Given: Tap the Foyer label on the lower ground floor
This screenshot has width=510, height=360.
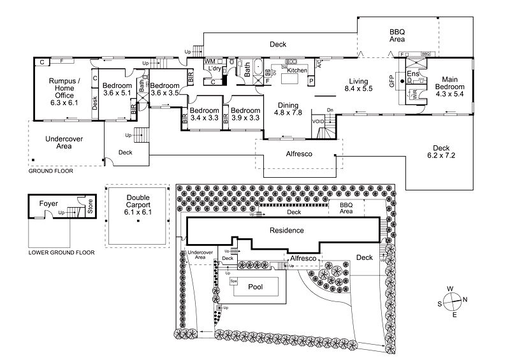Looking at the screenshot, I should [x=48, y=204].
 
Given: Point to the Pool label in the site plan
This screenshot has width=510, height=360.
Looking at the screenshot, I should [x=258, y=287].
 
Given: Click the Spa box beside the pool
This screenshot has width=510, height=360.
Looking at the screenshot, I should [x=234, y=280].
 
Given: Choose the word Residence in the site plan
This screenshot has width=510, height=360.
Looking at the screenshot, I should [x=286, y=230].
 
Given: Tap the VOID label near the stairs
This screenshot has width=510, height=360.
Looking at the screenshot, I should [x=318, y=120].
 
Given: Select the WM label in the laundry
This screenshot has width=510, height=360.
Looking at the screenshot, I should [x=209, y=61].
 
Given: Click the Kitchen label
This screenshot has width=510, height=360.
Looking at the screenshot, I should [x=297, y=70].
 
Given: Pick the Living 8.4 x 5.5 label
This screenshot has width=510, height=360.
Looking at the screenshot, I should [x=358, y=85].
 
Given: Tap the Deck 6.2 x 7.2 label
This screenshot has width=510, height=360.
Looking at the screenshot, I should [x=441, y=150].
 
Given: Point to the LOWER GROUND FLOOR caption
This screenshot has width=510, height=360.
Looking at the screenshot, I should [x=61, y=252].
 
